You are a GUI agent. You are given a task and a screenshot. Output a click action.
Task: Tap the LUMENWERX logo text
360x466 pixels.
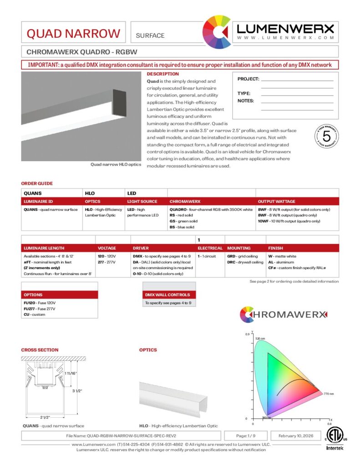pyautogui.click(x=285, y=29)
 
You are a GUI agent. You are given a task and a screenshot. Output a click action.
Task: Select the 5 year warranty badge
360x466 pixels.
pyautogui.click(x=326, y=136)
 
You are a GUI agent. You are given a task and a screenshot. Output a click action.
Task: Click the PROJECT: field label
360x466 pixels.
pyautogui.click(x=248, y=79)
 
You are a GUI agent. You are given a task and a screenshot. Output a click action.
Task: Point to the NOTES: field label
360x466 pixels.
pyautogui.click(x=246, y=101)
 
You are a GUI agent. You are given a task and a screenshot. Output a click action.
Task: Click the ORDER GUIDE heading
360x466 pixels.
pyautogui.click(x=37, y=183)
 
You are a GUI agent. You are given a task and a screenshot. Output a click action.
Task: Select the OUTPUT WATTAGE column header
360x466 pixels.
pyautogui.click(x=276, y=201)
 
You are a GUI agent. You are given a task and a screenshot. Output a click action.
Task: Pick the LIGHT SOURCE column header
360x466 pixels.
pyautogui.click(x=142, y=201)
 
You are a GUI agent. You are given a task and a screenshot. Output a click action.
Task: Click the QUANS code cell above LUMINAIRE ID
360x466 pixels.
pyautogui.click(x=32, y=193)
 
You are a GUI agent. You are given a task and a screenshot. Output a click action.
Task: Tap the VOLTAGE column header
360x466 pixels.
pyautogui.click(x=107, y=248)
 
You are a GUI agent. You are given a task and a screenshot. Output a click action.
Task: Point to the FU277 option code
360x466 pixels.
pyautogui.click(x=30, y=309)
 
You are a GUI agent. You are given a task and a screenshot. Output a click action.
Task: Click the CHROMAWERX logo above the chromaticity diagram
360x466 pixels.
pyautogui.click(x=283, y=314)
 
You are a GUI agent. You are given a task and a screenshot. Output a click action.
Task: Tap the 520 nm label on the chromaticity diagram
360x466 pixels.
pyautogui.click(x=260, y=339)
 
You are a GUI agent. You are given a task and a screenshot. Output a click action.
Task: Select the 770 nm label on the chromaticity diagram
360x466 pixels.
pyautogui.click(x=329, y=393)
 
